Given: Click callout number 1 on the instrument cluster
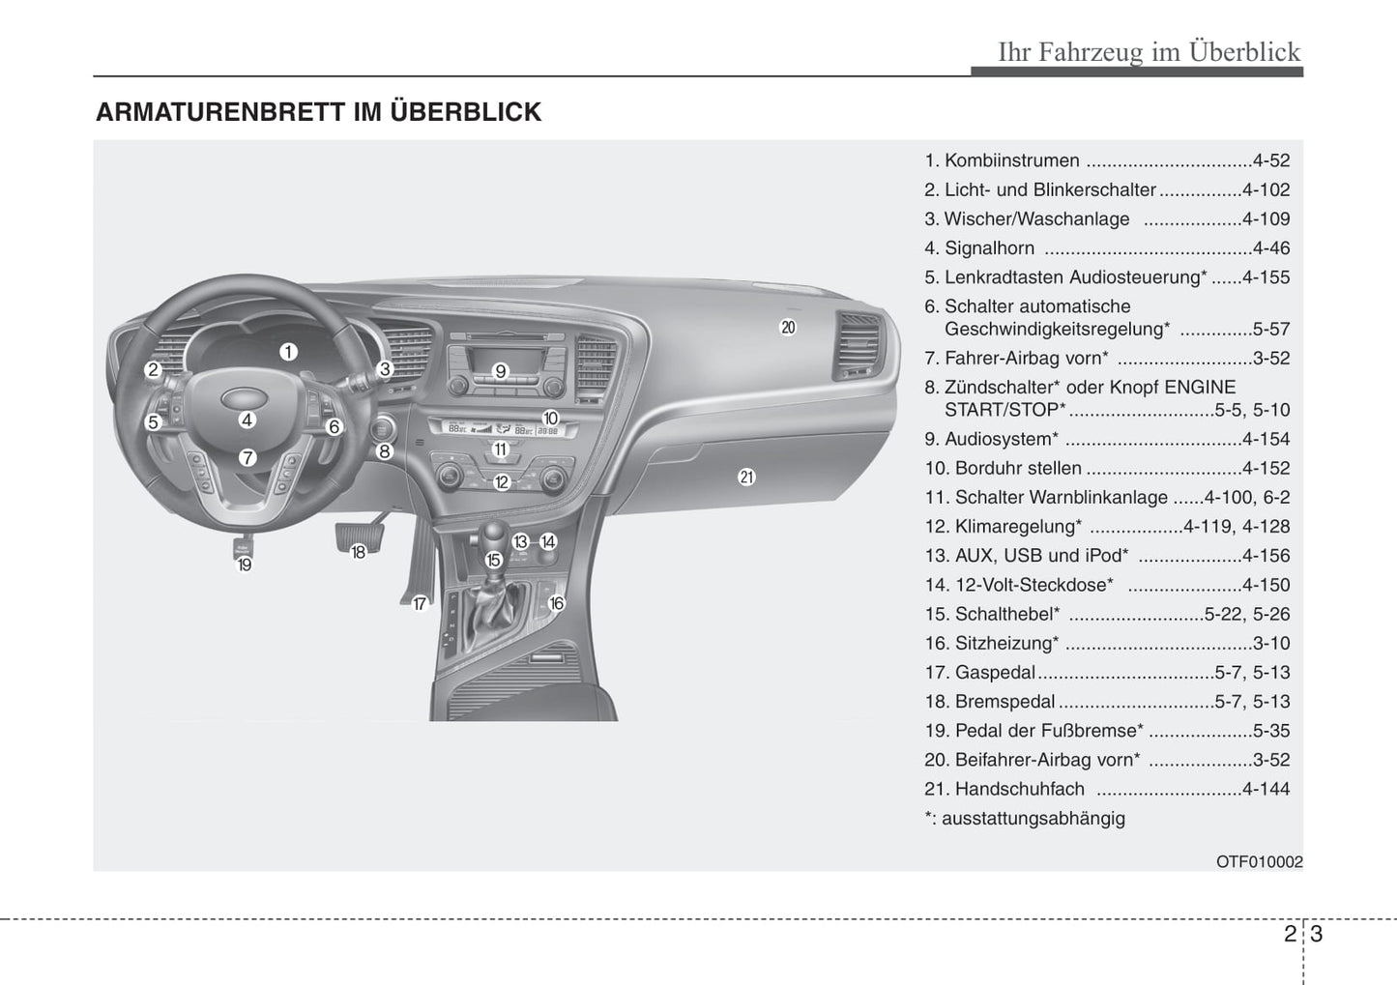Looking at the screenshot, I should pyautogui.click(x=288, y=353).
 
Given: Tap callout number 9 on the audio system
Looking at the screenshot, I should pyautogui.click(x=500, y=371).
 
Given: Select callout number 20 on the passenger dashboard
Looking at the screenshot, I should pyautogui.click(x=788, y=328).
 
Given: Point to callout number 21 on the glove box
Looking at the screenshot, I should pyautogui.click(x=746, y=477).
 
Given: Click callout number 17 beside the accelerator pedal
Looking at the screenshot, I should pyautogui.click(x=420, y=604).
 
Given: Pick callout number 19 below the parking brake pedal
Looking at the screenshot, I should pyautogui.click(x=245, y=565).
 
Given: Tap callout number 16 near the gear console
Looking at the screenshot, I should pyautogui.click(x=556, y=603).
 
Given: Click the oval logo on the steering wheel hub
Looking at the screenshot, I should pyautogui.click(x=238, y=398).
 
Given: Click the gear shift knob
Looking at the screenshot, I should pyautogui.click(x=494, y=534).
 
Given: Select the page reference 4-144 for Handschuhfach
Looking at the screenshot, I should pyautogui.click(x=1266, y=790).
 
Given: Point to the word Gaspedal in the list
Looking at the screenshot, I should pyautogui.click(x=995, y=673).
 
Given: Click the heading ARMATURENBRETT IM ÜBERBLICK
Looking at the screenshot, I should pyautogui.click(x=318, y=112).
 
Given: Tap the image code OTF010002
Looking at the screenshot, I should pyautogui.click(x=1259, y=861).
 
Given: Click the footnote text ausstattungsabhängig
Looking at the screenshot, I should pyautogui.click(x=1033, y=819).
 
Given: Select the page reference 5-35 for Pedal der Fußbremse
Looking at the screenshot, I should pyautogui.click(x=1270, y=732).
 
